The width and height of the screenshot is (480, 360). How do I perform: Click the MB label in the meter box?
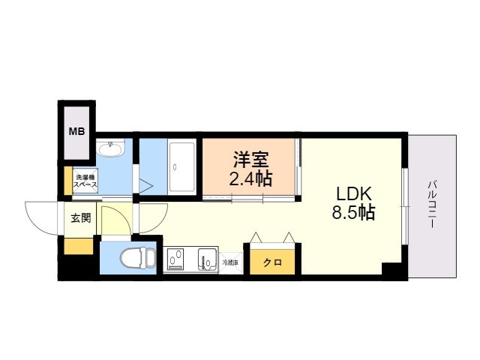click(x=77, y=131)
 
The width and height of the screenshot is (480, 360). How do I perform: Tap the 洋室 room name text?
click(x=250, y=159)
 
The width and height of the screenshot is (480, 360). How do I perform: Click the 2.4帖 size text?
click(x=250, y=179)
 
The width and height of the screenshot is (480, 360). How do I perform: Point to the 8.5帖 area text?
click(x=354, y=212)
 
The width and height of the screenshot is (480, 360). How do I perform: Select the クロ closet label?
click(x=271, y=262)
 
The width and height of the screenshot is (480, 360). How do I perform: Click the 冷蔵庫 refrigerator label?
click(x=229, y=262)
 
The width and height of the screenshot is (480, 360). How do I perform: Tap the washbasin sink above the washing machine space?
click(x=111, y=150)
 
